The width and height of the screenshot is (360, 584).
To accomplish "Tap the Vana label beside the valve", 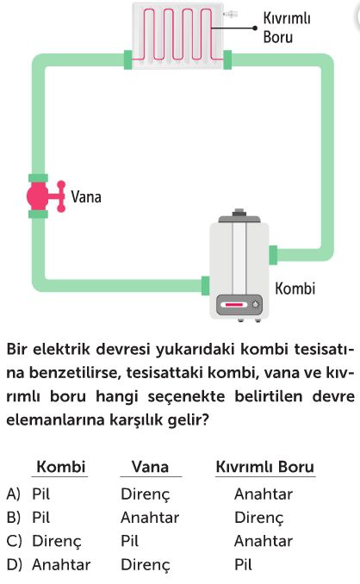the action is coord(86,196).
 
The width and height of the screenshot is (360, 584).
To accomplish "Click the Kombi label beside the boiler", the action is coord(295,289).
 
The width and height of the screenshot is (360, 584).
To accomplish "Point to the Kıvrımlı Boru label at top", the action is coord(287,28).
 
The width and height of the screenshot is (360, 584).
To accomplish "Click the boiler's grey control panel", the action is coord(239,305).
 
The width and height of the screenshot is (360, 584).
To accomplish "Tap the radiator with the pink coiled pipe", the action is coord(178,36).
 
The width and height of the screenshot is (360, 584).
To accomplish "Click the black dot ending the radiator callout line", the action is coord(255,28).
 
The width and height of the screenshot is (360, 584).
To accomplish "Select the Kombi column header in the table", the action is coord(61,466).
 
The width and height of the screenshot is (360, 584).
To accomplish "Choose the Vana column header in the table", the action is coord(150,466).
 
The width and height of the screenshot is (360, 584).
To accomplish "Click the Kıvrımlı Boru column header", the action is coord(265,466).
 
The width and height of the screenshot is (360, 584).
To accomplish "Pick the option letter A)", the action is coord(14,494).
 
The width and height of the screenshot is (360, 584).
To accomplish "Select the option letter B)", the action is coord(14,518).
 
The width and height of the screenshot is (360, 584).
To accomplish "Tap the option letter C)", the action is coord(14,541).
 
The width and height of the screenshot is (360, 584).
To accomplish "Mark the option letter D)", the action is coord(14,564).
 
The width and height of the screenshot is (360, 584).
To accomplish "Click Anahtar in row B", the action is coord(150,518).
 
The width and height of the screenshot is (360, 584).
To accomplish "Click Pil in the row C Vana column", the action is coord(129,541).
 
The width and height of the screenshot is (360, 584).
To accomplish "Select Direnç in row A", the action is coord(146,494).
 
